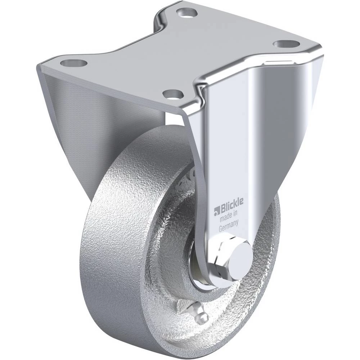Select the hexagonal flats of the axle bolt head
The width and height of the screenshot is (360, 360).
click(x=219, y=257)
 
